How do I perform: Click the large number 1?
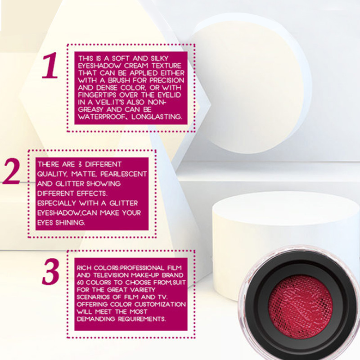50,65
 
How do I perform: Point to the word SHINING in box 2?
70,222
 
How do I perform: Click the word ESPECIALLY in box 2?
57,203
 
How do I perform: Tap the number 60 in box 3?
81,283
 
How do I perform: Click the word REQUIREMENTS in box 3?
142,319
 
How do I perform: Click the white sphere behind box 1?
248,87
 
